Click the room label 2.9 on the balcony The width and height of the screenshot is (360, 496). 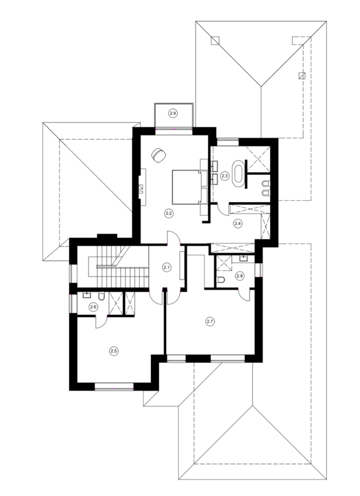tap(173, 113)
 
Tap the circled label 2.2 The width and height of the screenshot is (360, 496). tap(169, 213)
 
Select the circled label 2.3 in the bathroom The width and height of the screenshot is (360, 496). tap(225, 176)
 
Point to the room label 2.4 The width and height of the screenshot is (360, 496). tap(238, 223)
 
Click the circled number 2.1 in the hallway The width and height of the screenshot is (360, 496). tap(166, 267)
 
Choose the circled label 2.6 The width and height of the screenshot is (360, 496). tap(93, 307)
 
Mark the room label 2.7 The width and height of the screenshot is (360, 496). tap(210, 321)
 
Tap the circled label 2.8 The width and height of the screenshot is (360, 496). tap(240, 276)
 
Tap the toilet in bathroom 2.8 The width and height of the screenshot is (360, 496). tap(221, 280)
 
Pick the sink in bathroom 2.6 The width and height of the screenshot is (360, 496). tap(87, 295)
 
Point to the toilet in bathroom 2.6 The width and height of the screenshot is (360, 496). tap(102, 297)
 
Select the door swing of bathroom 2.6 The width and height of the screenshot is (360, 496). tap(101, 323)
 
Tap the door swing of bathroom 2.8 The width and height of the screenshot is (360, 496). tap(244, 295)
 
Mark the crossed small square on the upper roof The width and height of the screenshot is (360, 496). tap(302, 76)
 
